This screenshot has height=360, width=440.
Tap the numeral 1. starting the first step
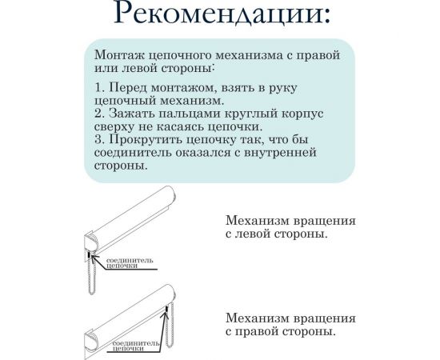click(x=99, y=86)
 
